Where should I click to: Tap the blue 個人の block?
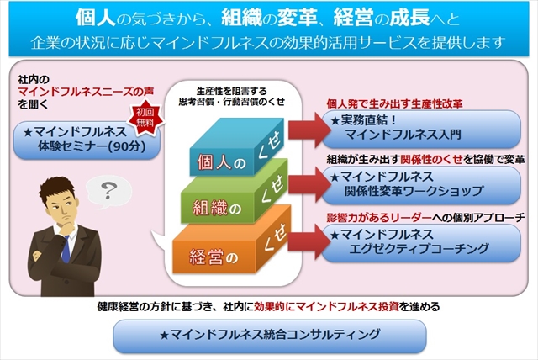[x=237, y=147]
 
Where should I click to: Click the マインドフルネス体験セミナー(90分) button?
[x=87, y=140]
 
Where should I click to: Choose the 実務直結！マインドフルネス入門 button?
[x=421, y=128]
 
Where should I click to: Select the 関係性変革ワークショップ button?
[x=421, y=185]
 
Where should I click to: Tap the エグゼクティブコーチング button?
[x=421, y=242]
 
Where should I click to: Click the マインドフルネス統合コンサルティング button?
[x=270, y=336]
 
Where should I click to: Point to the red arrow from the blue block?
[x=309, y=130]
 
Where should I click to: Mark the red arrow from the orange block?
[x=309, y=241]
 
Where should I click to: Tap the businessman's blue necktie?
[x=66, y=250]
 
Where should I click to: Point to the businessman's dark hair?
[x=56, y=189]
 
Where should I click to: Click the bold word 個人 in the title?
[x=95, y=17]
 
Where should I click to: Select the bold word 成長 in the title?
[x=409, y=17]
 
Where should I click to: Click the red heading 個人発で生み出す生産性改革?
[x=394, y=103]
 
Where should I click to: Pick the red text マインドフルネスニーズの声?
[x=86, y=92]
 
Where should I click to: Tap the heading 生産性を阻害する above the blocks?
[x=232, y=92]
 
